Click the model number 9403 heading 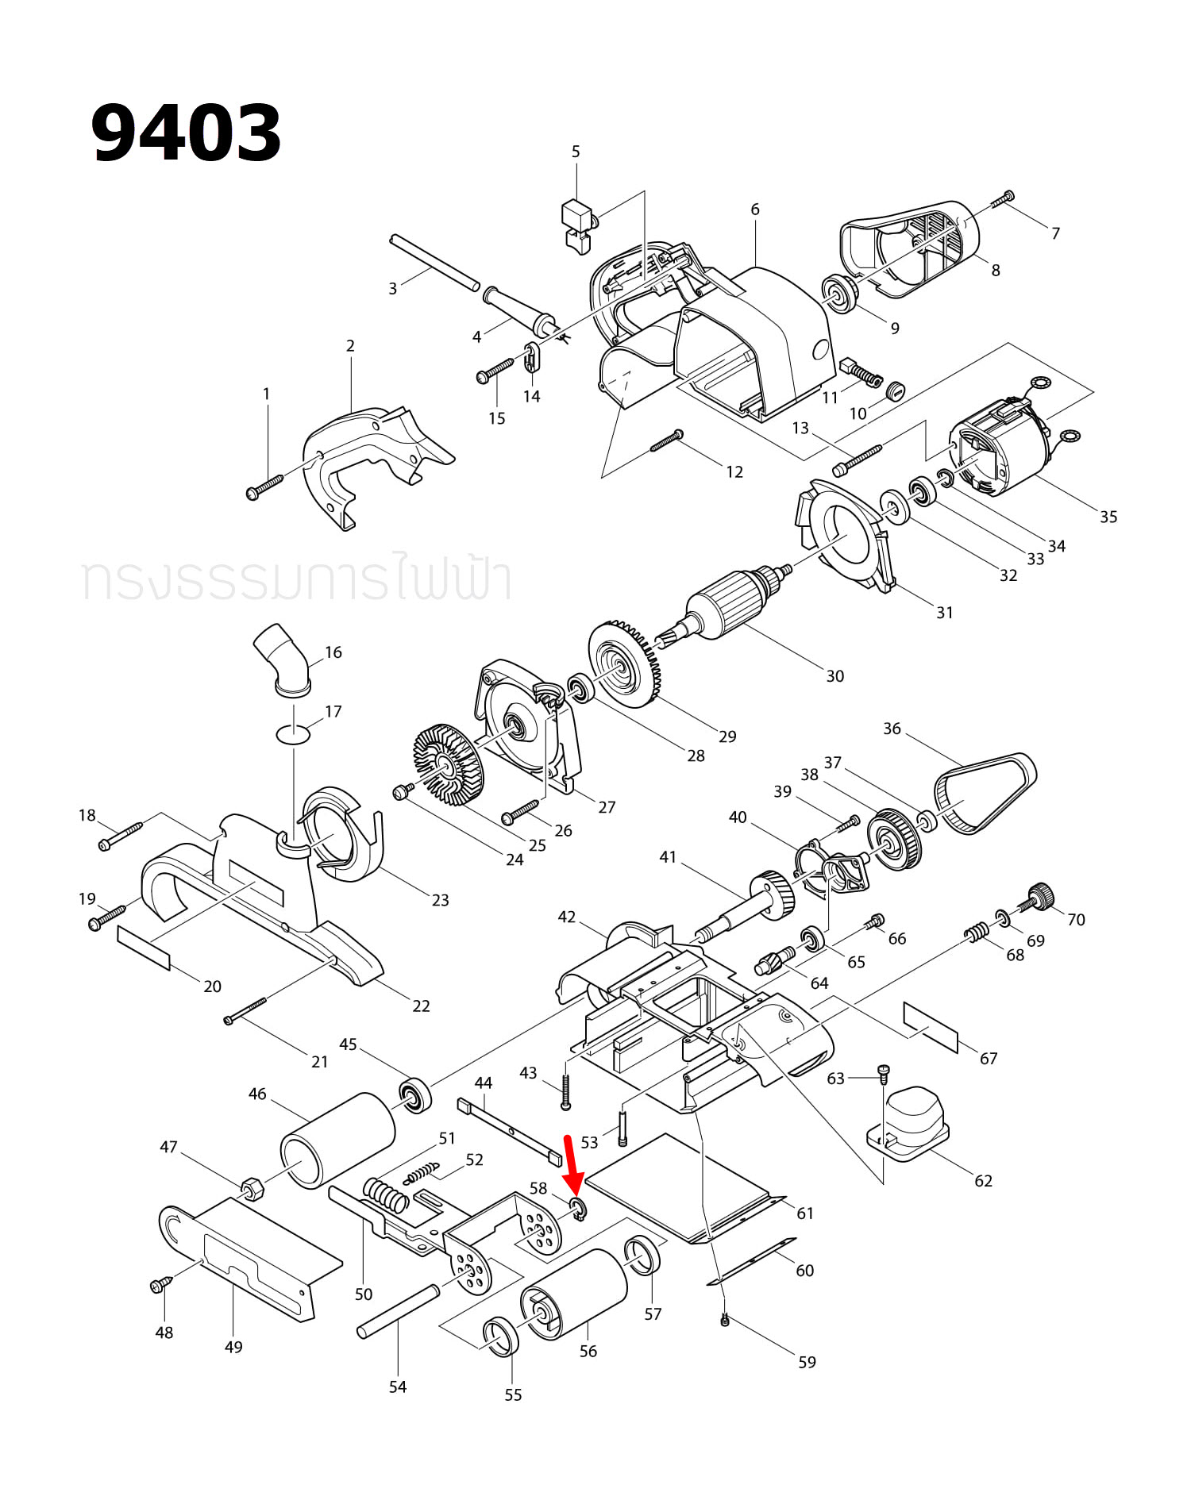pyautogui.click(x=187, y=133)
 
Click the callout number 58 pyautogui.click(x=538, y=1188)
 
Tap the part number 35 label pyautogui.click(x=1108, y=517)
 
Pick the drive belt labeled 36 pyautogui.click(x=985, y=793)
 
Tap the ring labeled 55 pyautogui.click(x=501, y=1337)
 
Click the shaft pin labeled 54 pyautogui.click(x=398, y=1311)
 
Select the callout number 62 pyautogui.click(x=983, y=1181)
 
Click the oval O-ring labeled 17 pyautogui.click(x=293, y=734)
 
